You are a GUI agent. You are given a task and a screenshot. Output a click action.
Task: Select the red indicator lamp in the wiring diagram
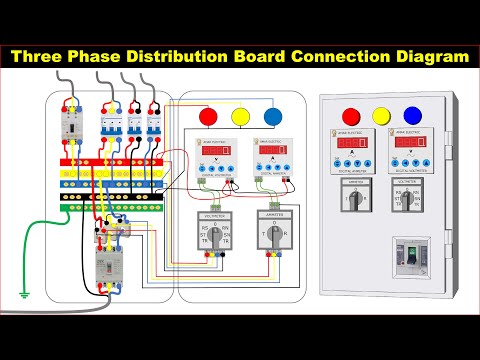209,115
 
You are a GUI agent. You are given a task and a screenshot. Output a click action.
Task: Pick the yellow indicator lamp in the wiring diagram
241,115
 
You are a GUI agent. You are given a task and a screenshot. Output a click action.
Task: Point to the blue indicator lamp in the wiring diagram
272,115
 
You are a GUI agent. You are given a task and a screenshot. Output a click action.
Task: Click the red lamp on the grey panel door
350,115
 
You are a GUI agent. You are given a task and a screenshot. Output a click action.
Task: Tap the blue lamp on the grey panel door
412,115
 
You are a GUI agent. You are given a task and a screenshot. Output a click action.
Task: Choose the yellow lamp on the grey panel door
381,115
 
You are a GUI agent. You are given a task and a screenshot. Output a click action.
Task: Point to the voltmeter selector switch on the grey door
411,200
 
